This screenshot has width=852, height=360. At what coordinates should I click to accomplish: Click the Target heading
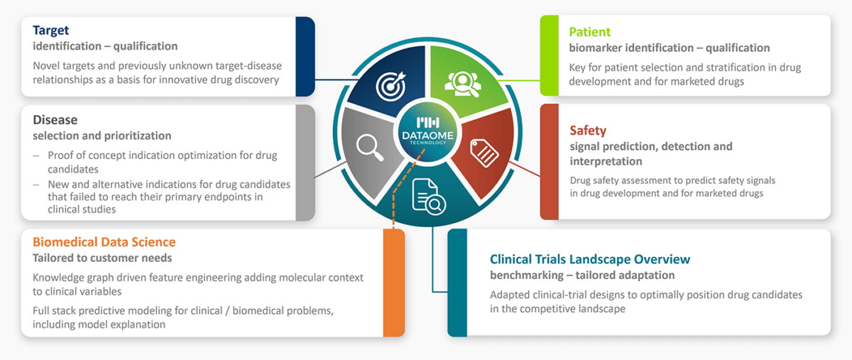(x=51, y=31)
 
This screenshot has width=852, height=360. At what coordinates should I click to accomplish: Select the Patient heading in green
(x=589, y=32)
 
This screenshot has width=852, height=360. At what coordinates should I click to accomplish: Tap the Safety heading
(x=588, y=131)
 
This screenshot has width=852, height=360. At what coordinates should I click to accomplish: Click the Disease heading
(x=55, y=120)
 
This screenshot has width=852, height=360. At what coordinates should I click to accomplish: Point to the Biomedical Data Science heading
(x=104, y=242)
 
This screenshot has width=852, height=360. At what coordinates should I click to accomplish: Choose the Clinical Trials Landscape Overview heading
(x=590, y=259)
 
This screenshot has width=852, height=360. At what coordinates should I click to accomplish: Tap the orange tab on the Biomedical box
(x=394, y=283)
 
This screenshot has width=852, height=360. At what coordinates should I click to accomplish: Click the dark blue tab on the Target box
(x=305, y=56)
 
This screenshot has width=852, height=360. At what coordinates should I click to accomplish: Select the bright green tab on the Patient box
(x=550, y=56)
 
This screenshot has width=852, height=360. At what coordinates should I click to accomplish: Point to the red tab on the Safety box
(x=550, y=162)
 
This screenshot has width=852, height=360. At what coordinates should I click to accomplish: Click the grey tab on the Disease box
(x=305, y=162)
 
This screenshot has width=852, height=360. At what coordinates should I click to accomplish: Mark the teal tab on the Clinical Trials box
(x=457, y=283)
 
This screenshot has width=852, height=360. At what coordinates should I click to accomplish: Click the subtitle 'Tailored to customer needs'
(x=102, y=258)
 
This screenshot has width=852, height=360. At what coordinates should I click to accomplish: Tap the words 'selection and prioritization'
(x=102, y=136)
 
